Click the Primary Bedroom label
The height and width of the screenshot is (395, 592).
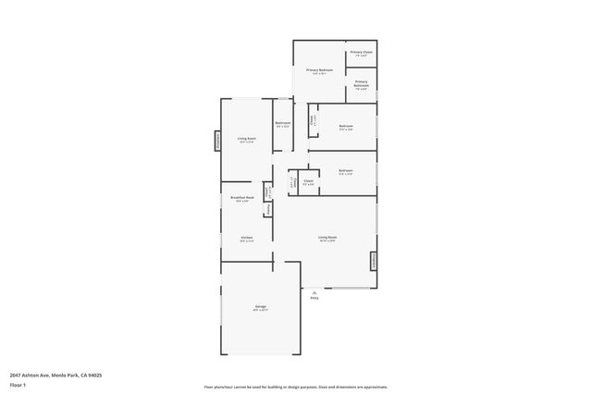[319, 70]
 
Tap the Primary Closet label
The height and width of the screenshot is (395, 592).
[362, 53]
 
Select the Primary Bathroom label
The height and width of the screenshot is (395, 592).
[362, 85]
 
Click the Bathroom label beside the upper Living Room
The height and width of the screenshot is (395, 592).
[283, 124]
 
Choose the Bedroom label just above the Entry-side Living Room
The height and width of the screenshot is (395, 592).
[345, 171]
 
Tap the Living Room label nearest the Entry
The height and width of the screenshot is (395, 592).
[327, 238]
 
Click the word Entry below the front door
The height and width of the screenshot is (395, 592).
[314, 297]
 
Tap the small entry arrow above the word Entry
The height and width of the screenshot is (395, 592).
[314, 290]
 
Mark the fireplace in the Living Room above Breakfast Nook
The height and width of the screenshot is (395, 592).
[217, 141]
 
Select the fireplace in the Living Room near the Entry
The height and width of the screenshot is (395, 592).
[375, 261]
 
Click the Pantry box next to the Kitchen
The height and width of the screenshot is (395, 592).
[268, 210]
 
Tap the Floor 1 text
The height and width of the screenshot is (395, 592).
[18, 384]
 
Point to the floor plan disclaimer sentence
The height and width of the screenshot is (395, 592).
[296, 387]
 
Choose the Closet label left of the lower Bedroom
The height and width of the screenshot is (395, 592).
[308, 181]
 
